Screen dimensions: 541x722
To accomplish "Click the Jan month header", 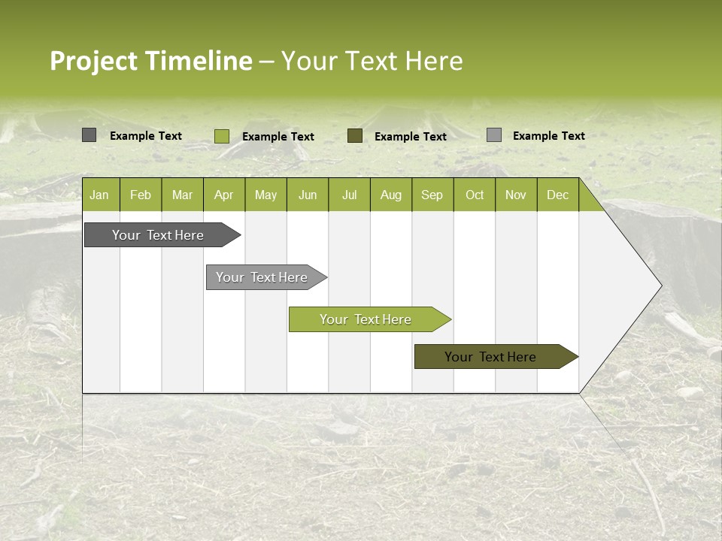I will tap(99, 195).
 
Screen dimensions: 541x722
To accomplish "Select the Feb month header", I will tap(141, 195).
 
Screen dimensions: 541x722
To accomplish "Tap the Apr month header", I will tap(223, 195).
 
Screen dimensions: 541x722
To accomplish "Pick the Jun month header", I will tap(308, 195).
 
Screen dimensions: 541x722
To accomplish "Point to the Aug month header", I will tap(390, 195).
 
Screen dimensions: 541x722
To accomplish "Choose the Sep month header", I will tap(432, 195).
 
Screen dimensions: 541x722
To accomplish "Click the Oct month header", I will tap(475, 195).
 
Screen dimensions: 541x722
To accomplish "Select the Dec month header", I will tap(557, 195).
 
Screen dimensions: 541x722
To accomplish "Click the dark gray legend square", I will tap(89, 135).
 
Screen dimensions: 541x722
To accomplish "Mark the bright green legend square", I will tap(221, 136).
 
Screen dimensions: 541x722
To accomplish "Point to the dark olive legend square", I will tap(355, 136).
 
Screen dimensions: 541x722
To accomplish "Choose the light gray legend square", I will tap(494, 135).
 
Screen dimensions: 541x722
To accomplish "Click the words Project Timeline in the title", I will tap(150, 61).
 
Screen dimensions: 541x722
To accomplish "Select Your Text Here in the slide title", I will tap(372, 61).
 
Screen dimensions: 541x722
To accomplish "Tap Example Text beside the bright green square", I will tap(278, 137).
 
